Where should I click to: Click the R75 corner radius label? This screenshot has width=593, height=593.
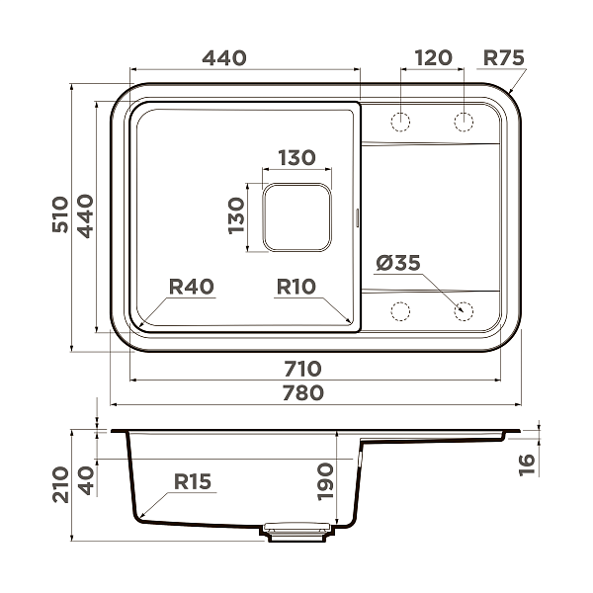coord(502,58)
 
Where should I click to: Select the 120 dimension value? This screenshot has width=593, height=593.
coord(432,58)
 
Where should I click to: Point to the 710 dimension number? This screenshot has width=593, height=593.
coord(302,369)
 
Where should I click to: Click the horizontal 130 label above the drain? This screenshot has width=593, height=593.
coord(296,157)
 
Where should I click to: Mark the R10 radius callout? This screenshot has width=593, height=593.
coord(295,288)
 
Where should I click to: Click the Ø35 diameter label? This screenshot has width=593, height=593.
coord(398,263)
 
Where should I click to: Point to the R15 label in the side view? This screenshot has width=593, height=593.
coord(193,481)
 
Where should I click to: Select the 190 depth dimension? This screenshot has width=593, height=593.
coord(327,481)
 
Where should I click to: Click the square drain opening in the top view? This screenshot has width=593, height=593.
coord(296,216)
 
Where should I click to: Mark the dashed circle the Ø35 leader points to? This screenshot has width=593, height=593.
coord(464,310)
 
